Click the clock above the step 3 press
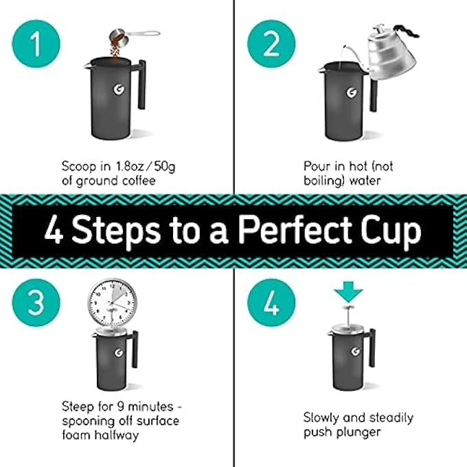click(112, 303)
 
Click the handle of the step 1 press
click(141, 84)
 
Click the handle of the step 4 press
click(372, 350)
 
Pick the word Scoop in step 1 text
click(76, 166)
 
